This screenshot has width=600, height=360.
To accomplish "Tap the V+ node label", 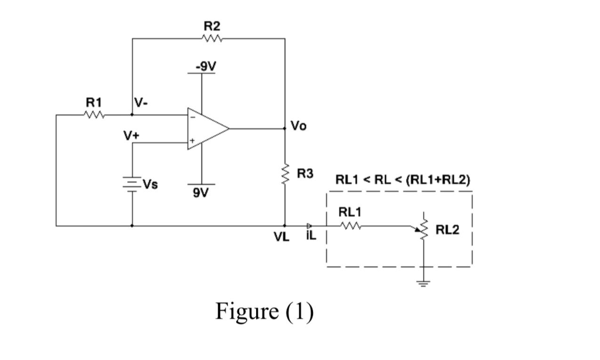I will coord(130,135).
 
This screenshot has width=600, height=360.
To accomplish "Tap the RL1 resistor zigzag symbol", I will coord(350,225).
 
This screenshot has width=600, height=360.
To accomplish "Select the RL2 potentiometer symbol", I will coord(423,229).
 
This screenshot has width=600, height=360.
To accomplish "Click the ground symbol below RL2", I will coord(423,284).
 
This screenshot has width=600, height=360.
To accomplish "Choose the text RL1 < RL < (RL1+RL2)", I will coord(402,179).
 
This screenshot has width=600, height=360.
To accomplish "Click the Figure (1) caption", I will coord(265,311).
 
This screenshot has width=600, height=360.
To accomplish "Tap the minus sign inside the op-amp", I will coord(192,116).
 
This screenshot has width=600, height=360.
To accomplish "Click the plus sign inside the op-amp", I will coord(192,141).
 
